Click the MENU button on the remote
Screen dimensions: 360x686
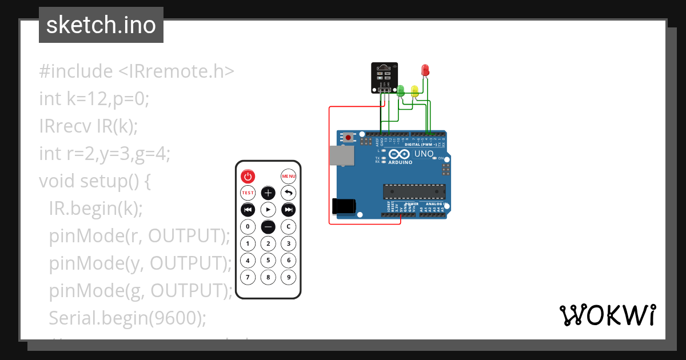tap(289, 176)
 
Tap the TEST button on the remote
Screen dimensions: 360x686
tap(248, 193)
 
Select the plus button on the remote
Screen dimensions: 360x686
tap(268, 193)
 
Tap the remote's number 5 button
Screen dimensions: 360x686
tap(268, 261)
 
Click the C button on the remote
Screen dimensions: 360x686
tap(289, 226)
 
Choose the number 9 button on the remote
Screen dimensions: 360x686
tap(289, 278)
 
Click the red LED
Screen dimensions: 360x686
tap(425, 70)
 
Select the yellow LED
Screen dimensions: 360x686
tap(415, 90)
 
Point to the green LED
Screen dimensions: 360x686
tap(401, 90)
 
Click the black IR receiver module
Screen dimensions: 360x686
tap(382, 76)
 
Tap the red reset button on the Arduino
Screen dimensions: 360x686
tap(348, 138)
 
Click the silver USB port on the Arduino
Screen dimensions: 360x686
tap(341, 155)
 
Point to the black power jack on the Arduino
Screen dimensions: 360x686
tap(344, 206)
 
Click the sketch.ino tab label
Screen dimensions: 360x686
tap(101, 25)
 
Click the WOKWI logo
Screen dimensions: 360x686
tap(607, 315)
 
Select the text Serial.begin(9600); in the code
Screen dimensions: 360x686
tap(127, 317)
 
